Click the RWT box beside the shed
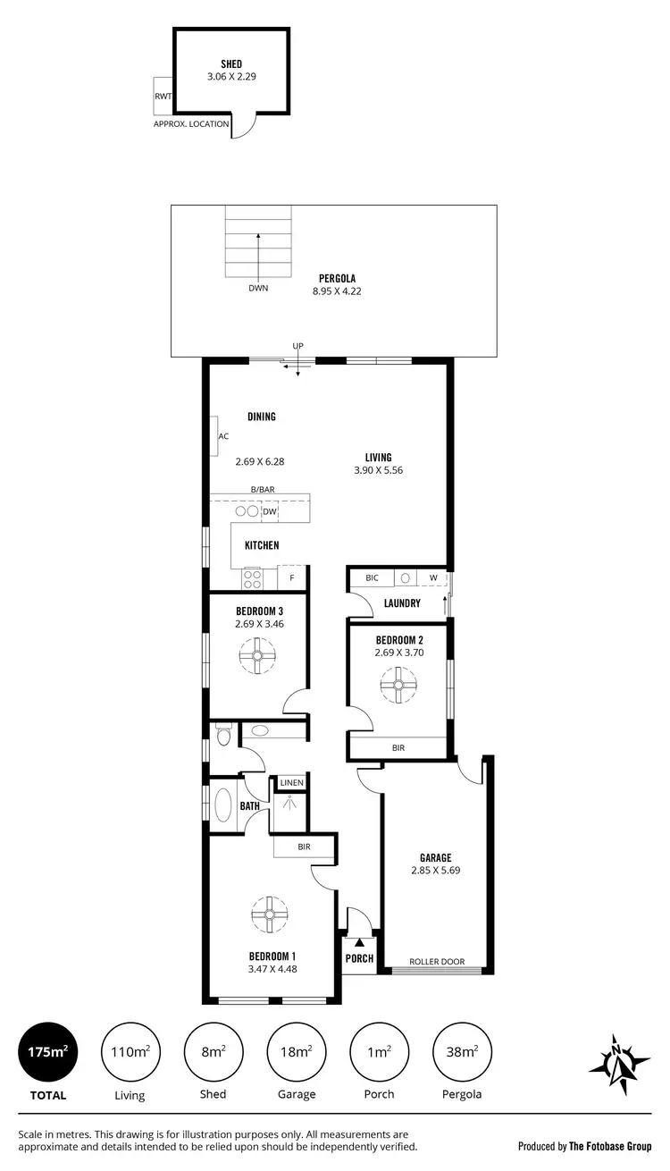tap(163, 96)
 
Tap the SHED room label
tap(231, 64)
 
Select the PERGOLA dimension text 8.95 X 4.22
tap(337, 291)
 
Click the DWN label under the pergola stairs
tap(258, 289)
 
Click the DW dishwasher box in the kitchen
tap(269, 511)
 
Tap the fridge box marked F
tap(292, 578)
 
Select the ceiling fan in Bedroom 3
tap(257, 661)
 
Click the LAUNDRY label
tap(402, 603)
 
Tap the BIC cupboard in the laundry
tap(372, 578)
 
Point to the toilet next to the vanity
tap(223, 734)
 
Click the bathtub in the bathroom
tap(223, 805)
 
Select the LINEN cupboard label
tap(292, 783)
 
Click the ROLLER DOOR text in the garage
tap(437, 962)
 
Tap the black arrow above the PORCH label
tap(359, 941)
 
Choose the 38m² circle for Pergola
tap(461, 1052)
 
